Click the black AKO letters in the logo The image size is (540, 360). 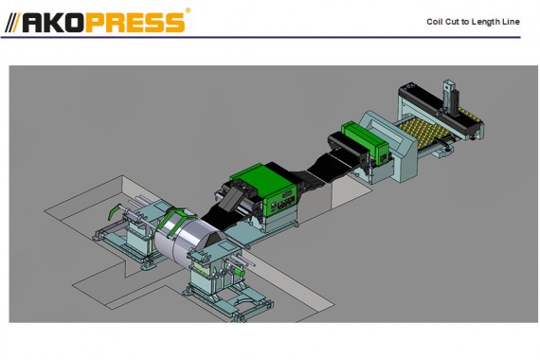[x=54, y=23]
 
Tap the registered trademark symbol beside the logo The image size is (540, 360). [x=188, y=10]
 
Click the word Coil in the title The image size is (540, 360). [x=435, y=22]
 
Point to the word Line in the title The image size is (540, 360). [x=511, y=22]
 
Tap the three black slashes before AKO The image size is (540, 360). [x=13, y=23]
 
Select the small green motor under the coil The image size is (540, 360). [x=239, y=272]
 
